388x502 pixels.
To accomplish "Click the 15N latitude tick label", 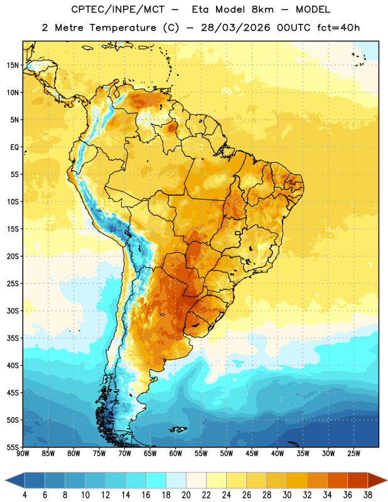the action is pyautogui.click(x=13, y=65).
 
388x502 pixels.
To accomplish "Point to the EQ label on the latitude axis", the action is pyautogui.click(x=14, y=147).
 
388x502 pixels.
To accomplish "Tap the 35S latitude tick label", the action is pyautogui.click(x=13, y=338).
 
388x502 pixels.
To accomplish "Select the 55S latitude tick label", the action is pyautogui.click(x=13, y=447).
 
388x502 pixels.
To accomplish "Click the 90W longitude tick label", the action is pyautogui.click(x=23, y=454).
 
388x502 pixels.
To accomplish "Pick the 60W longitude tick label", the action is pyautogui.click(x=176, y=454).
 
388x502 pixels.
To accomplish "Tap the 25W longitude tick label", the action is pyautogui.click(x=353, y=454).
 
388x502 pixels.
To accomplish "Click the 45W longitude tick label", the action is pyautogui.click(x=252, y=454).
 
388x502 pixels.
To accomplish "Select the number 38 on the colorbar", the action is pyautogui.click(x=368, y=495).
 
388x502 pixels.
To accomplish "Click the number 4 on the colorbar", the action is pyautogui.click(x=25, y=495).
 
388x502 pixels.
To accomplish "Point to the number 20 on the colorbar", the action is pyautogui.click(x=186, y=495).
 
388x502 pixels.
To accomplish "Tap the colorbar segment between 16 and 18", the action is pyautogui.click(x=156, y=480).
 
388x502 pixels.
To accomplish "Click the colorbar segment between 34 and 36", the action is pyautogui.click(x=337, y=480).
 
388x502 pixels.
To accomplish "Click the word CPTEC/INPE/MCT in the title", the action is pyautogui.click(x=118, y=9).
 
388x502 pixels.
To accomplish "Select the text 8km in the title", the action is pyautogui.click(x=262, y=9).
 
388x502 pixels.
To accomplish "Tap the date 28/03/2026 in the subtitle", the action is pyautogui.click(x=235, y=28).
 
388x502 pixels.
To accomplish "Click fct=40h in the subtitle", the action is pyautogui.click(x=338, y=28).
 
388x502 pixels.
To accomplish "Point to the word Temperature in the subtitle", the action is pyautogui.click(x=122, y=28).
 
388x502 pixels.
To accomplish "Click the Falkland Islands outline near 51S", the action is pyautogui.click(x=178, y=429).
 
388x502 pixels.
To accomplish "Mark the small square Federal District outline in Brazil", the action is pyautogui.click(x=238, y=233).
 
